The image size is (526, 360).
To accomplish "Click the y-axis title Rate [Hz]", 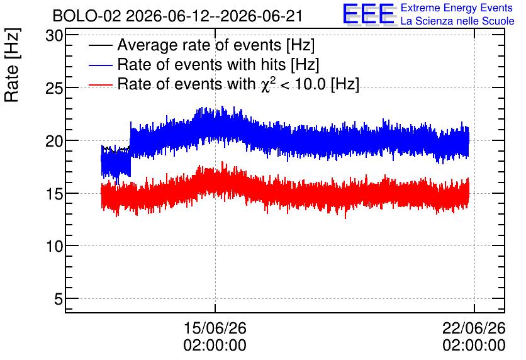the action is (12, 65).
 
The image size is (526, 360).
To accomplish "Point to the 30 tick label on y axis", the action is (54, 35).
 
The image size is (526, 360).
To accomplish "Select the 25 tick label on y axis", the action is (54, 88).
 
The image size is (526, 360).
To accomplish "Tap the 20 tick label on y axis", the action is (54, 141).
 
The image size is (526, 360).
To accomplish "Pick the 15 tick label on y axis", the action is (54, 194).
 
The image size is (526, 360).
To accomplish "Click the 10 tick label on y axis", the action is (54, 246).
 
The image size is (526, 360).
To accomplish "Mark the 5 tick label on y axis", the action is (59, 299).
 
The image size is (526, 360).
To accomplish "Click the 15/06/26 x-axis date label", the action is (215, 328).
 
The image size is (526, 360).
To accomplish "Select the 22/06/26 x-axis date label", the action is (474, 328).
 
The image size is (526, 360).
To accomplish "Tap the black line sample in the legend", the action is (100, 45).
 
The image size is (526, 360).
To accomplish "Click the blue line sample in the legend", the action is (100, 65).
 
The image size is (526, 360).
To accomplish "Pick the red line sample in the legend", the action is (100, 85).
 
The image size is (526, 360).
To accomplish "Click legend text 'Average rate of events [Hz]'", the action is (216, 45).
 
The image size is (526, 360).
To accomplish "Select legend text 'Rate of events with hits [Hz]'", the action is (218, 65).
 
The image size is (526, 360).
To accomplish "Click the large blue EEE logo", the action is (369, 14).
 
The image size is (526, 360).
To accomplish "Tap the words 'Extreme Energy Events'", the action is (457, 8).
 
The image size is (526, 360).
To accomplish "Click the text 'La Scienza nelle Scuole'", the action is (457, 21).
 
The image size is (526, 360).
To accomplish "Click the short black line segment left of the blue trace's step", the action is (116, 149).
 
